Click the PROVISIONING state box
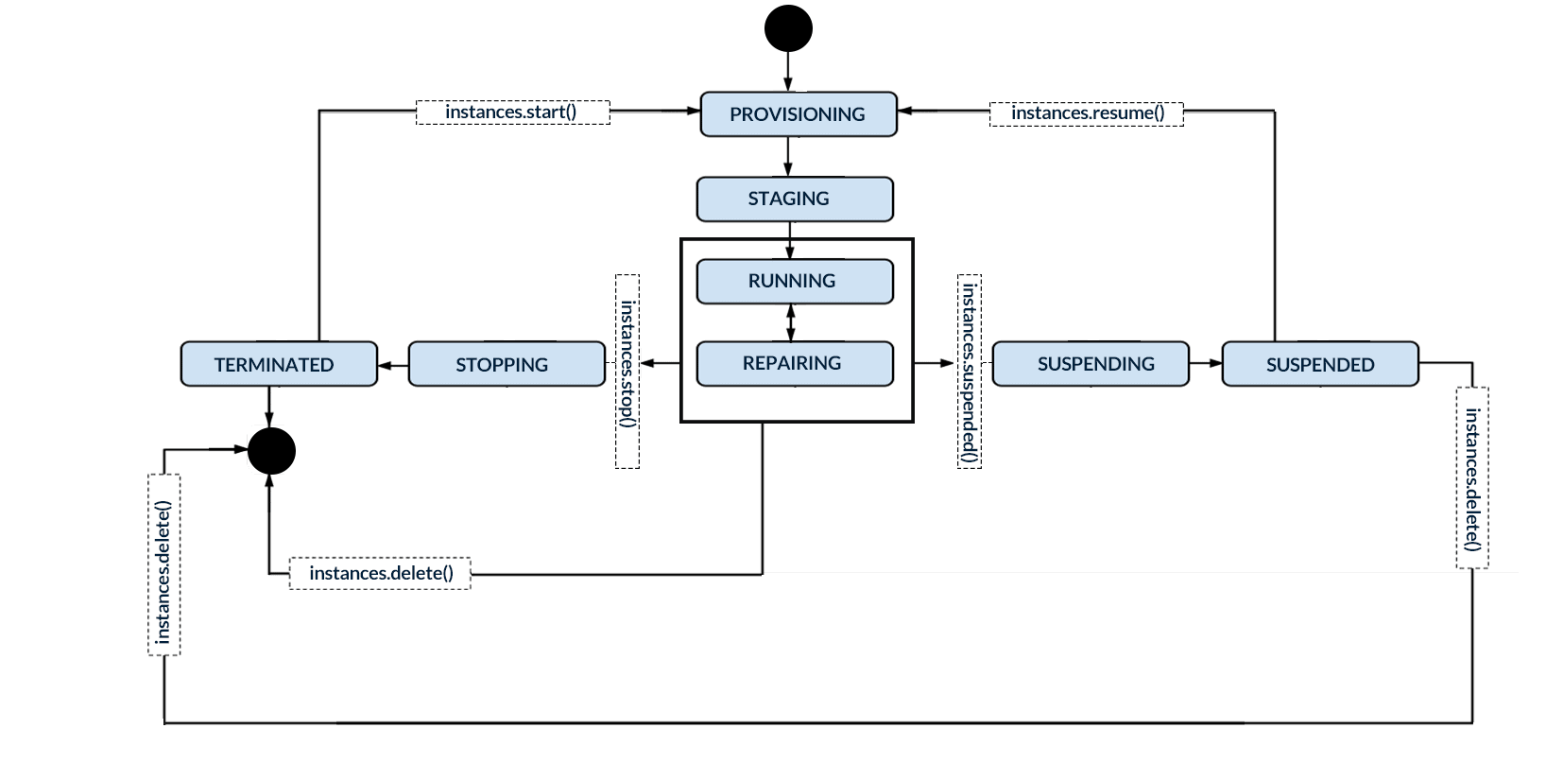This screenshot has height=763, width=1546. pos(798,114)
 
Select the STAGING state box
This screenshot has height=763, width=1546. pos(794,199)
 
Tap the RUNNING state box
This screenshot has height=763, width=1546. pos(794,281)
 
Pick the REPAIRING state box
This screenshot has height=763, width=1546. pos(794,363)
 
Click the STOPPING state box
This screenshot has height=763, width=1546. pos(506,364)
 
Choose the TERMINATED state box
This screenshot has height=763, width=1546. pos(278,364)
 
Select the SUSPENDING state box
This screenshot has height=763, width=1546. pos(1090,364)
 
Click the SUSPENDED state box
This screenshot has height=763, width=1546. pos(1319,364)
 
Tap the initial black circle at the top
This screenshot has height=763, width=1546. pos(788,28)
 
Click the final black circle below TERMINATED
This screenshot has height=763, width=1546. pos(271,450)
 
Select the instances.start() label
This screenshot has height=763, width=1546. pos(512,113)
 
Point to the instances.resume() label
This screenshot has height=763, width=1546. pos(1086,113)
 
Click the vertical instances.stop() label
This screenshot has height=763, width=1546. pos(627,371)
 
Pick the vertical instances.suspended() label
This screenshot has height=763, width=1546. pos(970,371)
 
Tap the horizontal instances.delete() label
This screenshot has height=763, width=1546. pos(380,574)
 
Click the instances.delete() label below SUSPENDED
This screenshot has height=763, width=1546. pos(1471,477)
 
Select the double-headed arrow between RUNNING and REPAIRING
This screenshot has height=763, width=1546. pos(791,322)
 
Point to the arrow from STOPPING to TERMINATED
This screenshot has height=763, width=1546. pos(392,365)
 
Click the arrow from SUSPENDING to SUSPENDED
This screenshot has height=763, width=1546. pos(1205,363)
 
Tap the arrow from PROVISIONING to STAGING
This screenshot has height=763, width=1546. pos(788,156)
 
